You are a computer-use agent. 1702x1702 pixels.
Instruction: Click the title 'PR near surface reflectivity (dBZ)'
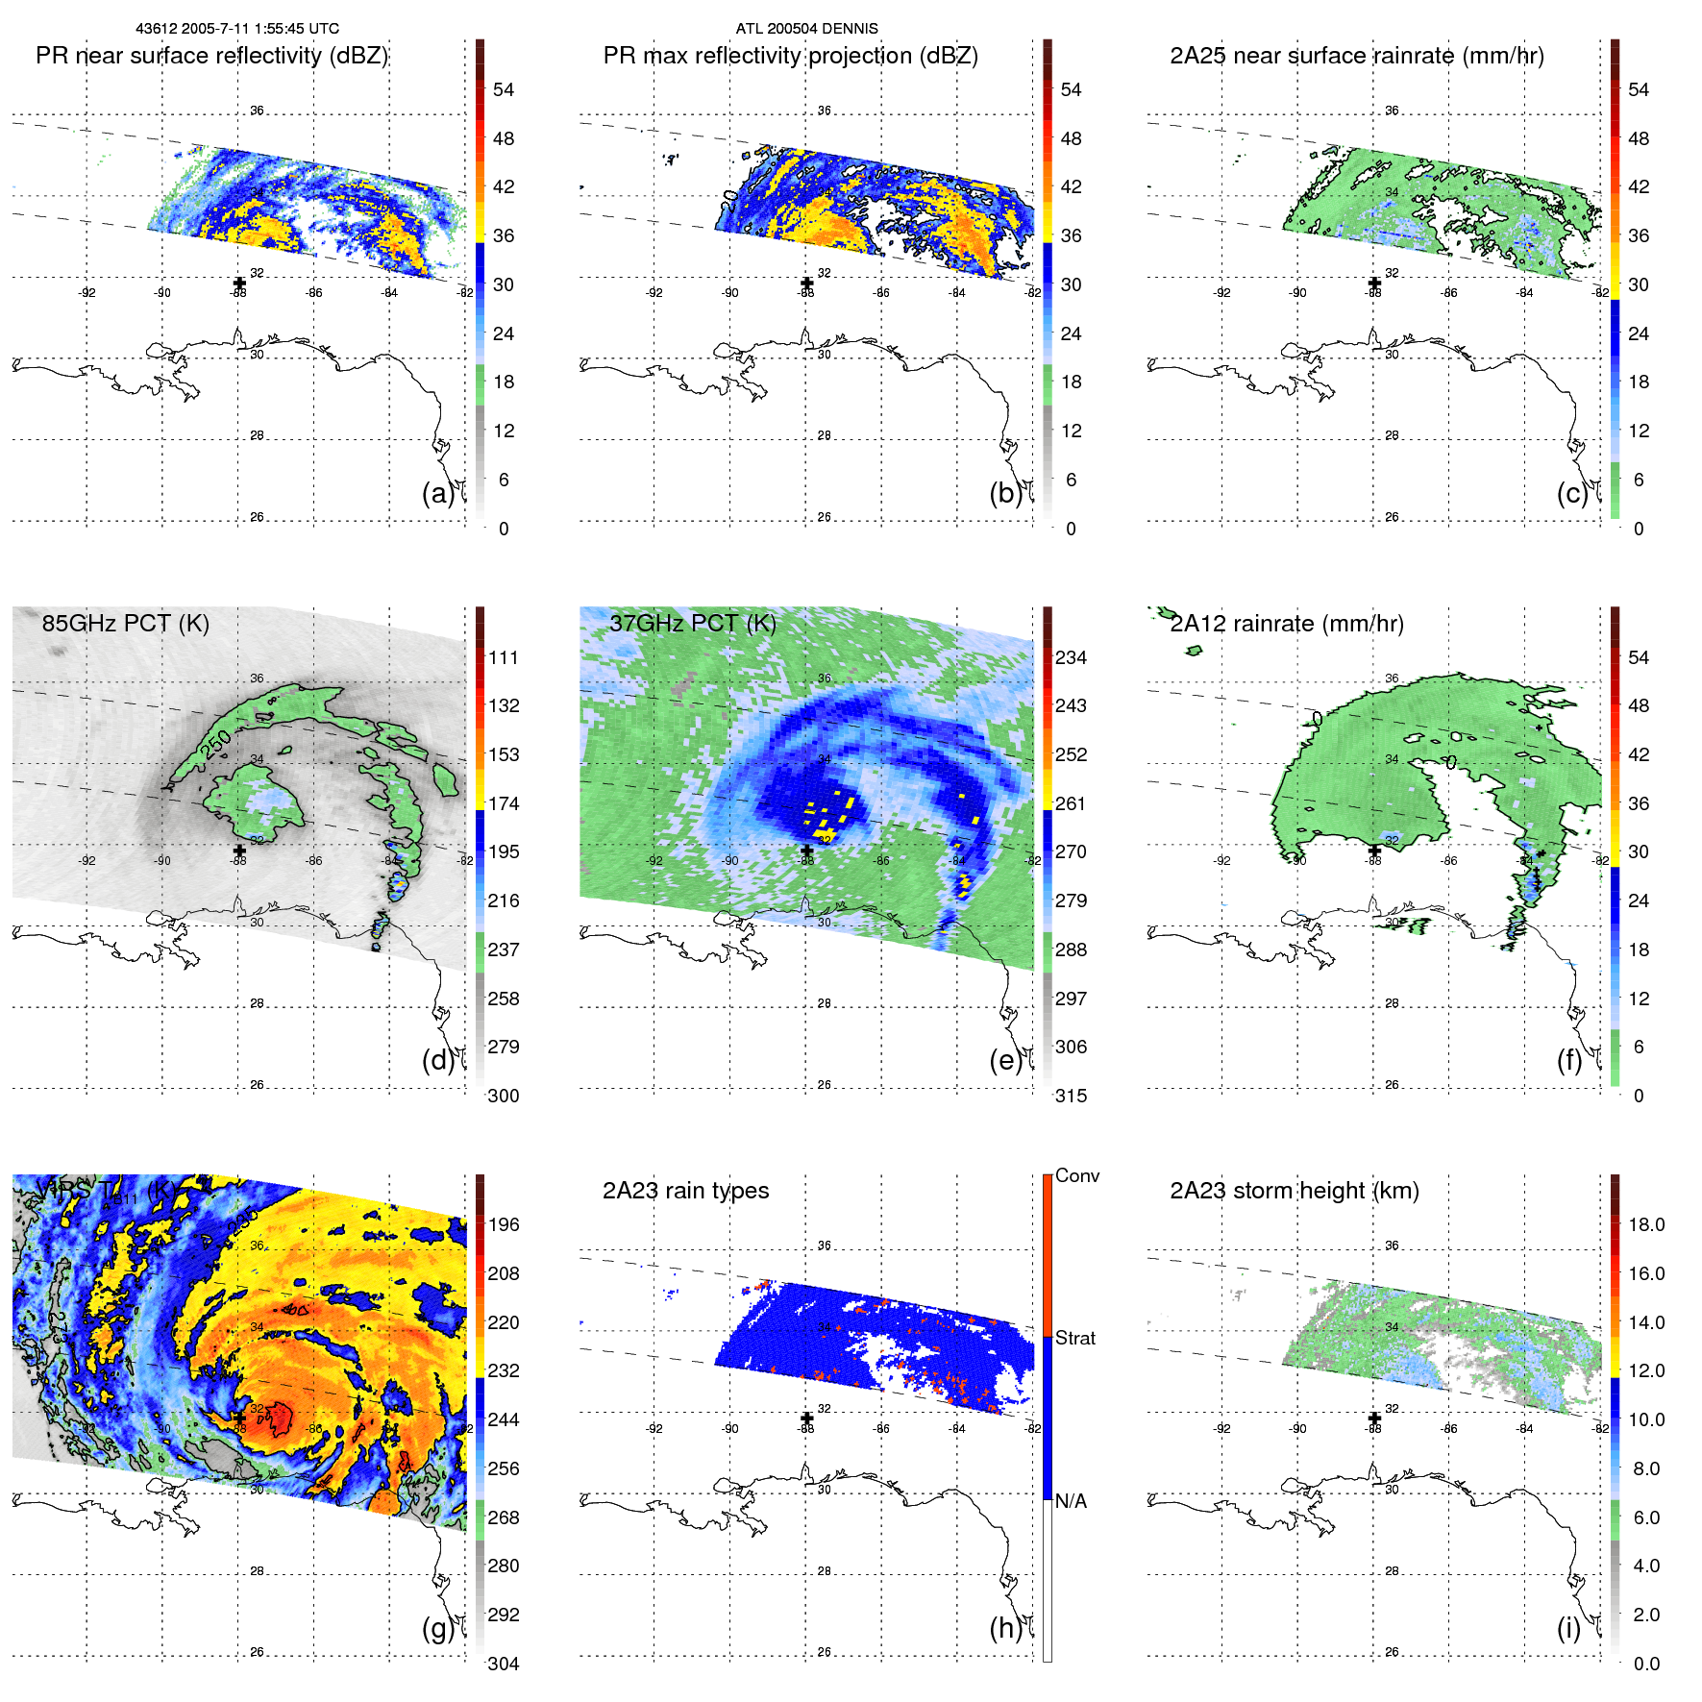click(x=211, y=56)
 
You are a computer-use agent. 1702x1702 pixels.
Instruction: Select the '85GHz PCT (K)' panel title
click(x=125, y=623)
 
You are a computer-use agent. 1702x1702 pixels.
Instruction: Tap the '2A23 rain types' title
click(x=685, y=1191)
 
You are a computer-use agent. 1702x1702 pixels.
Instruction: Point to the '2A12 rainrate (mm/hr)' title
click(x=1286, y=623)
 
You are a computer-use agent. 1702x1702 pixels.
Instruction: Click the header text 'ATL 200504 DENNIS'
click(x=806, y=28)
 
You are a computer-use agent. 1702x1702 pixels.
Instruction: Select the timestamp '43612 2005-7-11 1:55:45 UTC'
click(x=236, y=28)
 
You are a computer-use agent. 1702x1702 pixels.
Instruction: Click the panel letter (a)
click(x=437, y=493)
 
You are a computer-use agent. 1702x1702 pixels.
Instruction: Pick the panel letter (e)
click(x=1005, y=1060)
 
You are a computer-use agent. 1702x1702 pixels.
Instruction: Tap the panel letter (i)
click(x=1568, y=1628)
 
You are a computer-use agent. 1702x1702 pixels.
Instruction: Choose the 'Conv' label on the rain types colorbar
click(x=1076, y=1175)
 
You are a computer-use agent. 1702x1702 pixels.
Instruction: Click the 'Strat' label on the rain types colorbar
click(x=1074, y=1338)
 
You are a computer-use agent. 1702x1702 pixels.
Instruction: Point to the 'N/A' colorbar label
click(x=1071, y=1501)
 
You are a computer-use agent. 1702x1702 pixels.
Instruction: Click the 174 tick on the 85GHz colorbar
click(x=504, y=803)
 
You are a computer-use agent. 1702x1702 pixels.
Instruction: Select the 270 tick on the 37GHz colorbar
click(x=1071, y=851)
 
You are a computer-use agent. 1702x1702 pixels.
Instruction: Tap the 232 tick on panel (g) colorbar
click(x=504, y=1370)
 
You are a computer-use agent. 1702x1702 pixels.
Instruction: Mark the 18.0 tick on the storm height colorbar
click(x=1645, y=1224)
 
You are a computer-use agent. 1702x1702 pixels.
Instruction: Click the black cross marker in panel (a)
click(x=239, y=283)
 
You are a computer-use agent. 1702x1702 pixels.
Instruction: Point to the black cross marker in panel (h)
click(x=806, y=1418)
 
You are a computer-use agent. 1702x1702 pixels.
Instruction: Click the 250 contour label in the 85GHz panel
click(x=216, y=745)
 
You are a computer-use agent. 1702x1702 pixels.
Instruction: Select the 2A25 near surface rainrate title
click(x=1356, y=56)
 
